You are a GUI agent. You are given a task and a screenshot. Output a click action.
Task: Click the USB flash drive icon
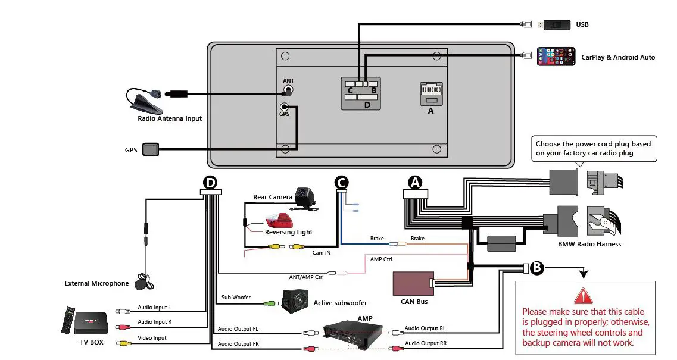[x=555, y=24]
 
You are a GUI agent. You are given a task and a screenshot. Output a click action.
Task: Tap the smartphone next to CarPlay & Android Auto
[x=556, y=57]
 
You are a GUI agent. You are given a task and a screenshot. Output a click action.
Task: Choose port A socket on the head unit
[x=430, y=94]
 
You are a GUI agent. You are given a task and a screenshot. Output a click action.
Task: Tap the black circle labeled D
[x=210, y=182]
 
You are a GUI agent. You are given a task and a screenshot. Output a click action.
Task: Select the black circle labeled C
[x=341, y=182]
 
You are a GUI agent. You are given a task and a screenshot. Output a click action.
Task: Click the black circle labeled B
[x=536, y=268]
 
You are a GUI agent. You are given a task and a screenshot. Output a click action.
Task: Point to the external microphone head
[x=142, y=281]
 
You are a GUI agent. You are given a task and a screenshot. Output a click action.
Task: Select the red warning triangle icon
[x=584, y=296]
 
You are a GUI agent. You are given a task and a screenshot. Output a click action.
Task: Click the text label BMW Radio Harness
[x=589, y=244]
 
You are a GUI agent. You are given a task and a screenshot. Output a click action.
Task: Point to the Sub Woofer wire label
[x=236, y=298]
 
